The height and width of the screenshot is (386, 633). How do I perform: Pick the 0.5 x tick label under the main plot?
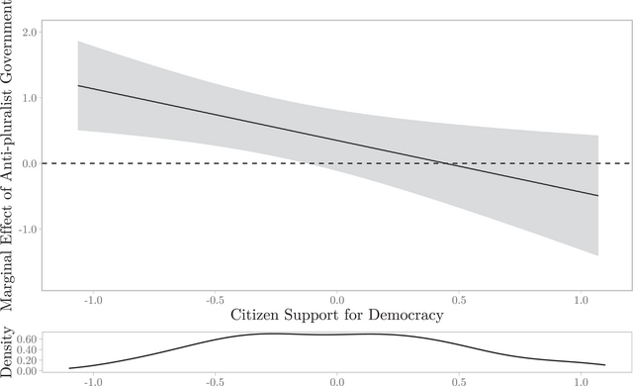[x=460, y=300]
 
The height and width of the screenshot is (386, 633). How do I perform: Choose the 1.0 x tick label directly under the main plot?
[x=582, y=300]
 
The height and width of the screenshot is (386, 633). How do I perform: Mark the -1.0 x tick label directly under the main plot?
[x=91, y=300]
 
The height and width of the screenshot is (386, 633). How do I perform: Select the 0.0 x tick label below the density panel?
[x=337, y=380]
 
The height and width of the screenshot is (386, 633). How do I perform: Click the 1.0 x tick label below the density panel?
[x=582, y=380]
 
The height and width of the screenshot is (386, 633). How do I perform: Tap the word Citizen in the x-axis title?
[x=258, y=316]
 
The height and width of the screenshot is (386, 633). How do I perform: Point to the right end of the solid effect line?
[x=598, y=195]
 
